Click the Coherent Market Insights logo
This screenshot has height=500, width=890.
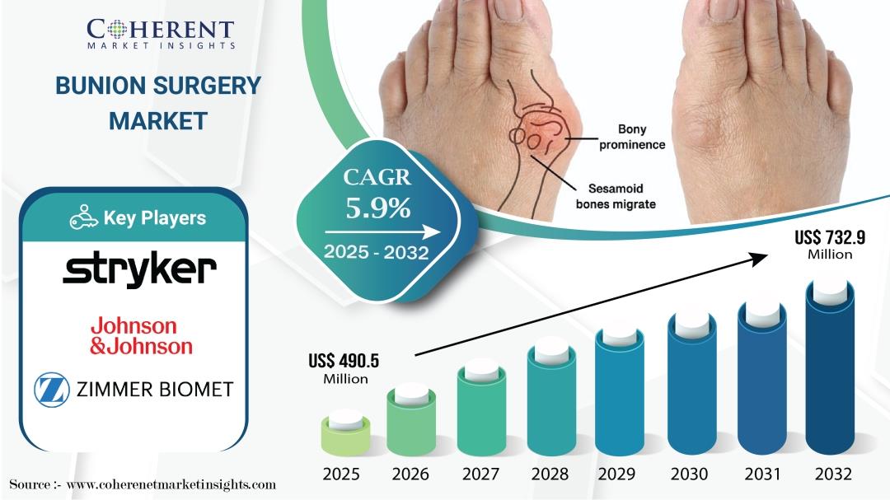pos(161,34)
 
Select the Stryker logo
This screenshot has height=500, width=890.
pos(139,269)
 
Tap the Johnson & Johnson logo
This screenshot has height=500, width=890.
pos(142,336)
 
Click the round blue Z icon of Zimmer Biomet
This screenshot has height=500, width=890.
pos(52,390)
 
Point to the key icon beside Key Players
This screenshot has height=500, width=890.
pos(83,217)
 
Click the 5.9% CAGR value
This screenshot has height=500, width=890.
pos(378,208)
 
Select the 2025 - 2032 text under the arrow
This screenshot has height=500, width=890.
pos(376,252)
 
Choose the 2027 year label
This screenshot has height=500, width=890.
pos(480,474)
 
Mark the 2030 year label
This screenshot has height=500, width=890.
pos(689,474)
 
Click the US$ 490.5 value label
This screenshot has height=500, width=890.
pos(344,368)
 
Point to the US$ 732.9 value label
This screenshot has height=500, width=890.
pos(830,245)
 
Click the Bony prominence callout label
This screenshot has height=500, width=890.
pos(632,138)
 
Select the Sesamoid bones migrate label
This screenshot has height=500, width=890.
pos(616,196)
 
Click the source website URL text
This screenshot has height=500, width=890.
pos(171,484)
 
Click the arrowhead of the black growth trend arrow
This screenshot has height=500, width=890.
pos(760,259)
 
